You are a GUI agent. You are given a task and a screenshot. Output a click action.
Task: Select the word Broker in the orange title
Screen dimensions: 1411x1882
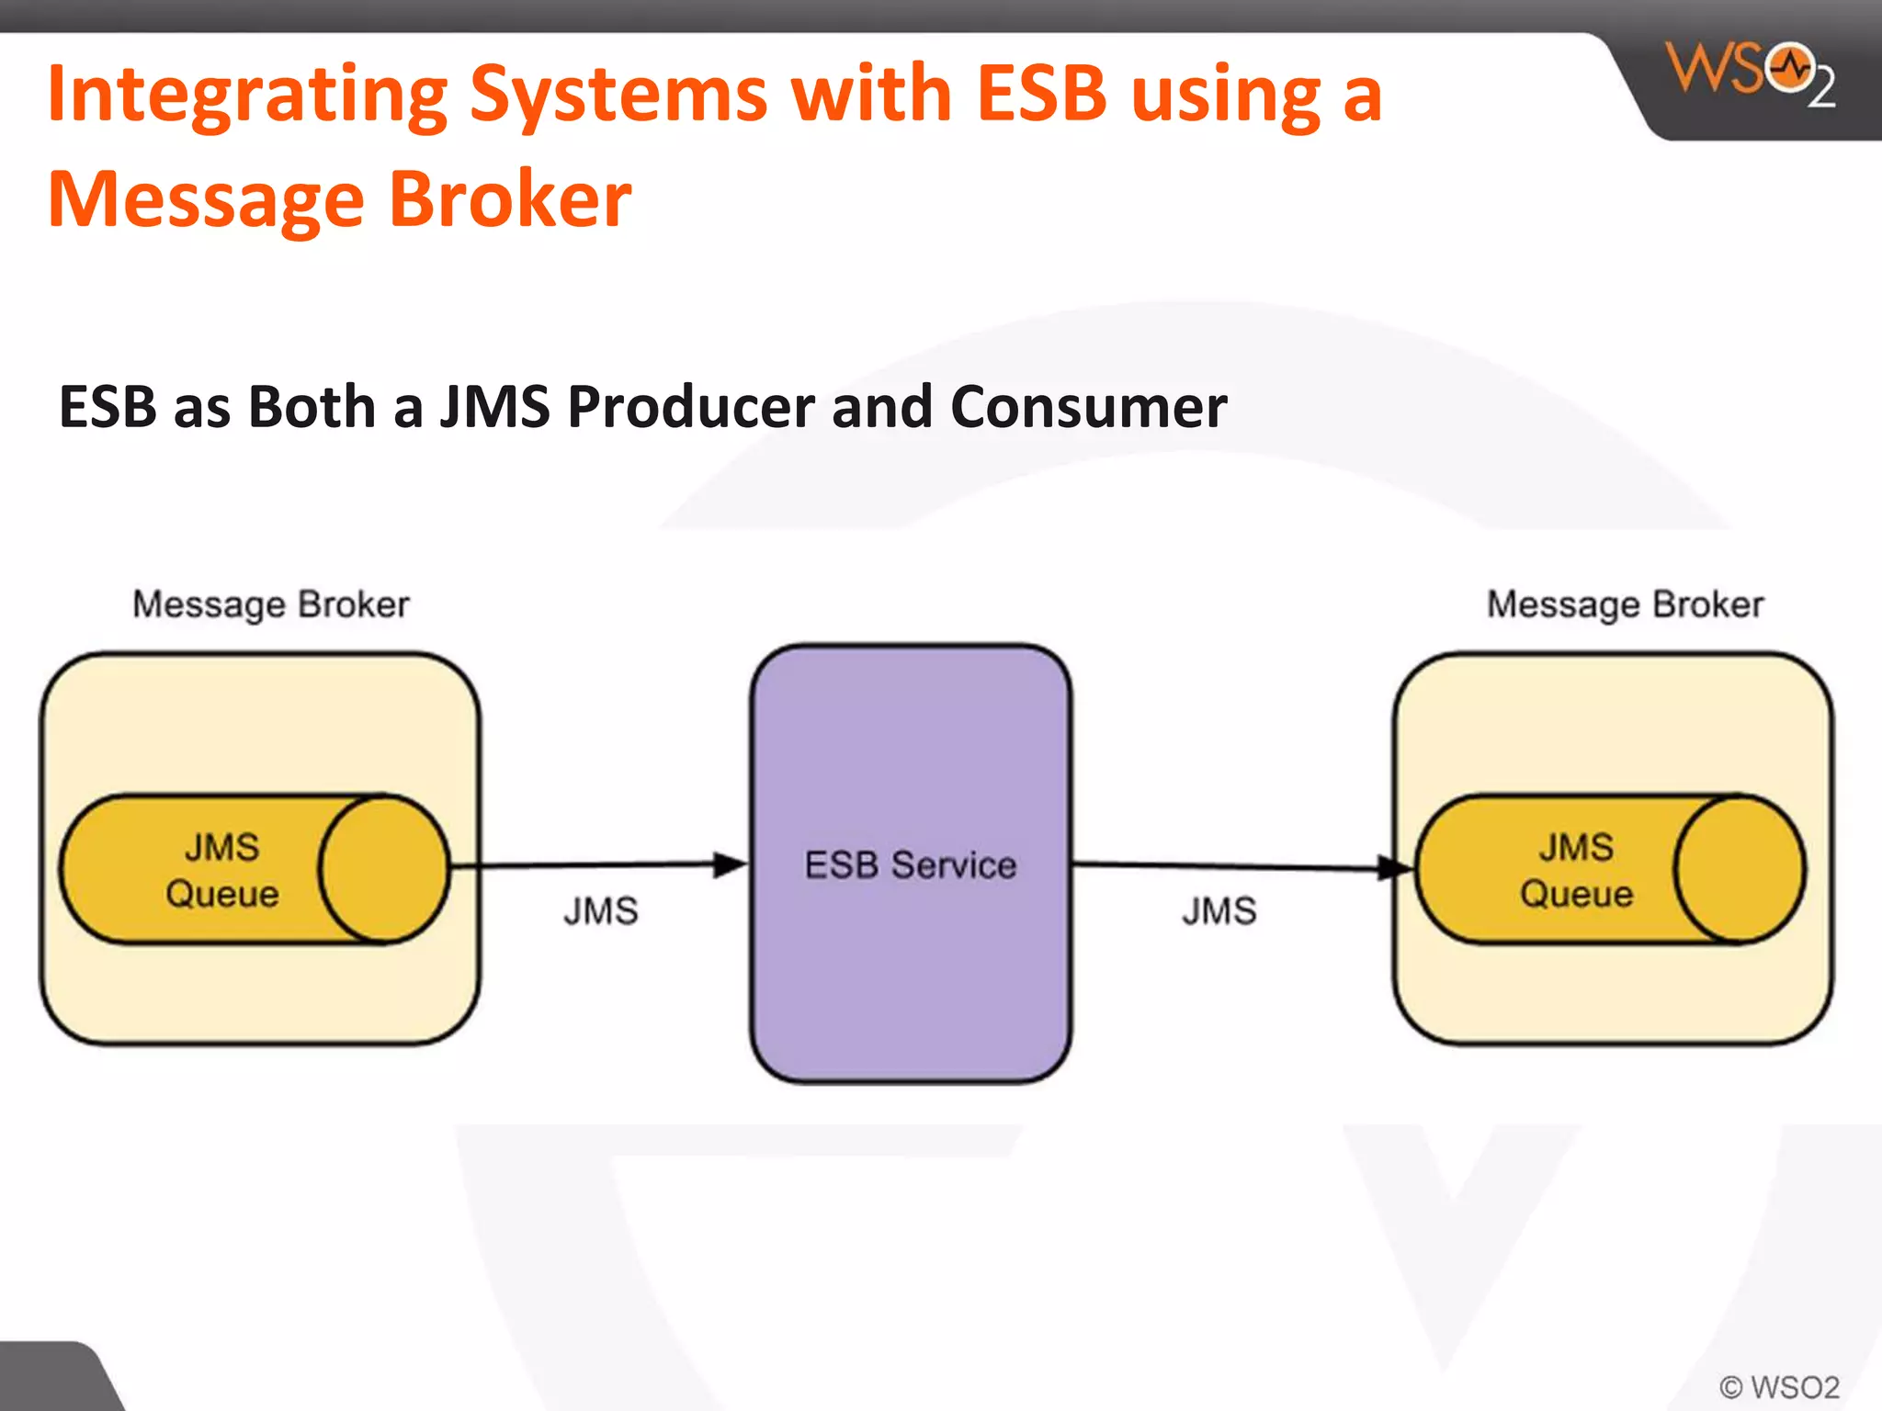click(510, 199)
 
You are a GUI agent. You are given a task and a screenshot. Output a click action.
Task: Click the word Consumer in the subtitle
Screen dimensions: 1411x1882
click(1088, 407)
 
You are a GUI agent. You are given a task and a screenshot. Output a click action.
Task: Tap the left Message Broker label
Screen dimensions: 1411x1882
click(270, 604)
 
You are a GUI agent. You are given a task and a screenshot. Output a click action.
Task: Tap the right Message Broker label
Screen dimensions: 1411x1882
click(1625, 604)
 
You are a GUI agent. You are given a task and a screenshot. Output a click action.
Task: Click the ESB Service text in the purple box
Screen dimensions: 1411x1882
click(910, 865)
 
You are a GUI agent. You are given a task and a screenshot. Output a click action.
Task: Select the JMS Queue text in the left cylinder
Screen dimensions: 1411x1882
click(221, 870)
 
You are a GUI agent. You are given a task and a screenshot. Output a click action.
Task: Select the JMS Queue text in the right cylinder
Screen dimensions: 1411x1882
click(1576, 870)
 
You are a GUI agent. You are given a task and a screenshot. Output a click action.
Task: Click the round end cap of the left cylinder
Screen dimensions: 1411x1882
click(384, 869)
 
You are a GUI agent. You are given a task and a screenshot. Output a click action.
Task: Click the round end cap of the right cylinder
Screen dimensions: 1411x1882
click(1739, 869)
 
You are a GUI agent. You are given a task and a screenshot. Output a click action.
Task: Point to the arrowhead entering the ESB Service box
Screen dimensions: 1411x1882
click(731, 864)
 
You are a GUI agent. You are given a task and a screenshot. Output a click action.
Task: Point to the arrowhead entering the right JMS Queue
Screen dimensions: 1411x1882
click(1394, 867)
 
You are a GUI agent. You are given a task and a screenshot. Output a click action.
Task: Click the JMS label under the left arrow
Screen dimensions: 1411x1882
click(600, 911)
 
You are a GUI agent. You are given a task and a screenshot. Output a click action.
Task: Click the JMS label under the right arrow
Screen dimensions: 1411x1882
click(1219, 911)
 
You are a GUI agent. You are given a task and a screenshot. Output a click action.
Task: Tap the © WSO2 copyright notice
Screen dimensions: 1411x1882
click(1779, 1386)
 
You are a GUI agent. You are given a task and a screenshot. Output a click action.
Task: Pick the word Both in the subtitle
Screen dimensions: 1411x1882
click(312, 407)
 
